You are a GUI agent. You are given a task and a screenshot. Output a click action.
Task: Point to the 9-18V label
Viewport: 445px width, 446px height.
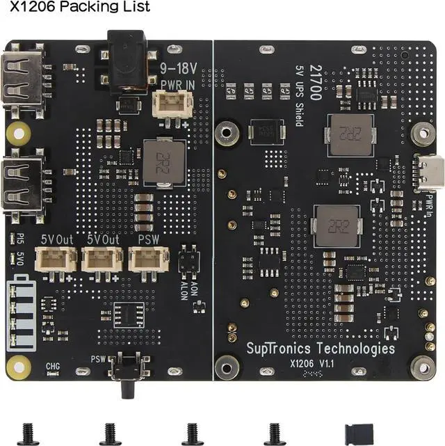[x=177, y=69]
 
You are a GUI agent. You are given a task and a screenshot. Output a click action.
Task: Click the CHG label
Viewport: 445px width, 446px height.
[x=53, y=365]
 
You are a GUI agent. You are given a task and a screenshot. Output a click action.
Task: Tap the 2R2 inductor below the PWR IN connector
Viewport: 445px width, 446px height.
[x=163, y=160]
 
